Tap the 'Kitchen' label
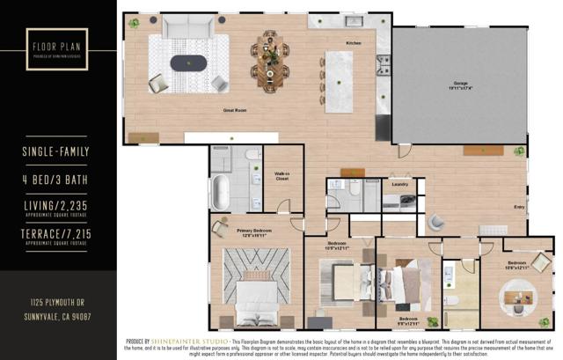[354, 43]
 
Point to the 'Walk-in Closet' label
[282, 177]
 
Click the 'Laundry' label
[399, 184]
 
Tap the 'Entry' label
[519, 208]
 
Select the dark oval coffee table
[190, 62]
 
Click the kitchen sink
[355, 21]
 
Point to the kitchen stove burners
[384, 62]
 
